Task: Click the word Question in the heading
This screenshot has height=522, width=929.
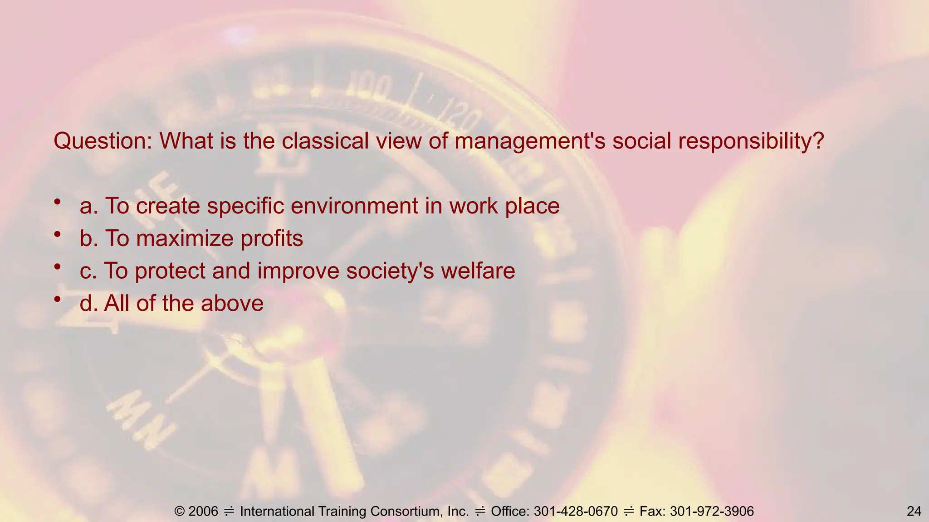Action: pyautogui.click(x=103, y=141)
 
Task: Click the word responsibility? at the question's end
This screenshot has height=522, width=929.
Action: pyautogui.click(x=751, y=141)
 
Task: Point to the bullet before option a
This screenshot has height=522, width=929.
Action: pyautogui.click(x=57, y=202)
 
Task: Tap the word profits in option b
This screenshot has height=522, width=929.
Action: pyautogui.click(x=272, y=238)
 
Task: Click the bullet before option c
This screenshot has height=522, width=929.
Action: pyautogui.click(x=57, y=267)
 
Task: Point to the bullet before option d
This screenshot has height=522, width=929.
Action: pyautogui.click(x=57, y=300)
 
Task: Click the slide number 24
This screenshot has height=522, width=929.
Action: pyautogui.click(x=914, y=511)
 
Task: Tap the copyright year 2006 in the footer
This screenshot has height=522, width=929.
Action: pyautogui.click(x=203, y=511)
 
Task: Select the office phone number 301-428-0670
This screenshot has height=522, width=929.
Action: pyautogui.click(x=576, y=511)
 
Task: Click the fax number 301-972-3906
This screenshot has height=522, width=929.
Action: pyautogui.click(x=712, y=511)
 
